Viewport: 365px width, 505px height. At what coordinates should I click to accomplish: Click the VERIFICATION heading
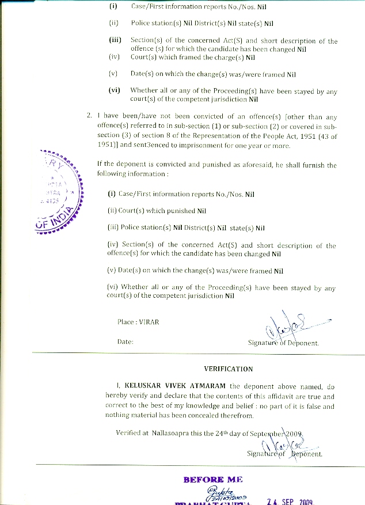tap(228, 369)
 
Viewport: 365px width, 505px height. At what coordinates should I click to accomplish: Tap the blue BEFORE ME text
tap(213, 479)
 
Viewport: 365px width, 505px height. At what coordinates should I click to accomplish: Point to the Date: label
tap(126, 341)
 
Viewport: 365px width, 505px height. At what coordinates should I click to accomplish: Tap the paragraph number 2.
tap(89, 115)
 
